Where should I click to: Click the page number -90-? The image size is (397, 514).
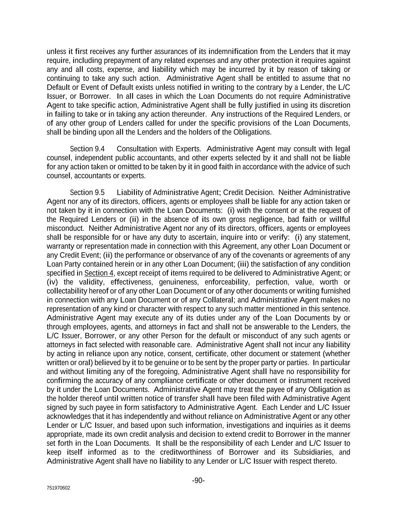pyautogui.click(x=198, y=480)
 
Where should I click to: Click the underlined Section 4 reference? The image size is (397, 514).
pyautogui.click(x=99, y=273)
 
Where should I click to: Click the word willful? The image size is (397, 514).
pyautogui.click(x=340, y=219)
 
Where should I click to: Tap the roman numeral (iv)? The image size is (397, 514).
pyautogui.click(x=52, y=282)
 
